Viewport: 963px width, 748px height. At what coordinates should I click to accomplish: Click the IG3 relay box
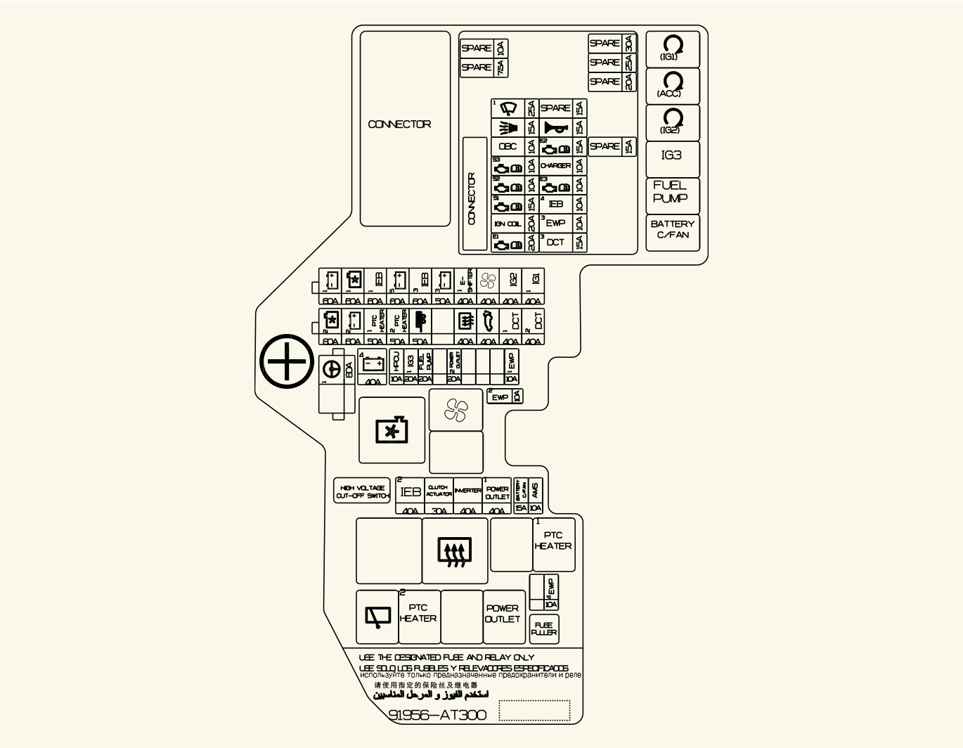(x=672, y=156)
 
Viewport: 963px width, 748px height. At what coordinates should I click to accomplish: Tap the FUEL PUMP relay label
(x=671, y=192)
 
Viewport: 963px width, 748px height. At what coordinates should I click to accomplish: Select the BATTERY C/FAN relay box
(x=673, y=230)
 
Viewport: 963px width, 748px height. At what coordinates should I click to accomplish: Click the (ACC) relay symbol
(x=672, y=84)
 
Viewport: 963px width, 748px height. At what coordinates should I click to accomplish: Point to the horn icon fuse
(x=555, y=127)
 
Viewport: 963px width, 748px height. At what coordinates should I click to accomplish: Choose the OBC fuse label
(x=508, y=147)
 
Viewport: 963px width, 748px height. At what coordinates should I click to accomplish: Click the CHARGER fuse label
(x=555, y=166)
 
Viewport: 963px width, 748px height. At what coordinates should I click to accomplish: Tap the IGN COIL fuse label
(x=508, y=224)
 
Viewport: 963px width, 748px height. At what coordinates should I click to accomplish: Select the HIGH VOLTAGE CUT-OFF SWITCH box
(x=362, y=491)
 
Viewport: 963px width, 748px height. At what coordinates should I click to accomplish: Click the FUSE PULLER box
(x=544, y=628)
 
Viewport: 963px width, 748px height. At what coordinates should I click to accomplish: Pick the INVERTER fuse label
(x=467, y=491)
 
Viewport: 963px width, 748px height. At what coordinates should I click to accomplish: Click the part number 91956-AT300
(x=437, y=715)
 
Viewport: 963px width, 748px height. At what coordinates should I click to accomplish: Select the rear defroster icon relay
(x=455, y=551)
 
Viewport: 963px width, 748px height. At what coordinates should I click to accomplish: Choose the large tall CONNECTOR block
(x=405, y=128)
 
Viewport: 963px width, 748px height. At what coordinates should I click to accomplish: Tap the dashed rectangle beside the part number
(x=534, y=710)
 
